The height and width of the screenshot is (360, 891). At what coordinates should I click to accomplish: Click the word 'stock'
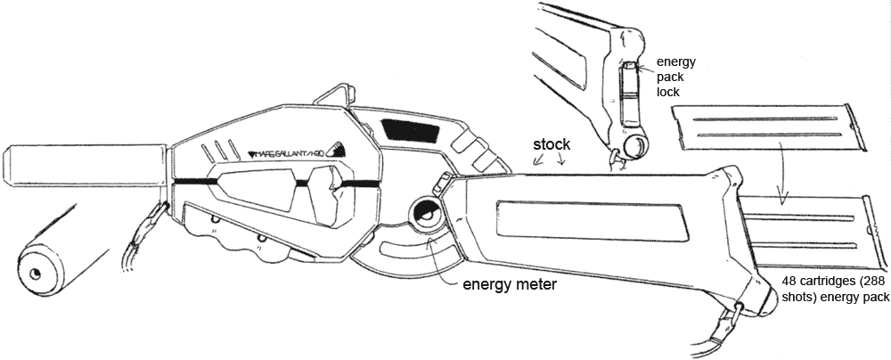552,143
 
